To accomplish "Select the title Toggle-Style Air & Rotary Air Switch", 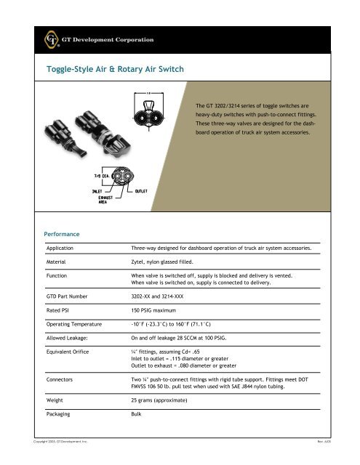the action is (116, 69).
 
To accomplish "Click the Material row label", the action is (57, 259).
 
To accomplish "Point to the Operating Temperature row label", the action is (78, 323).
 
